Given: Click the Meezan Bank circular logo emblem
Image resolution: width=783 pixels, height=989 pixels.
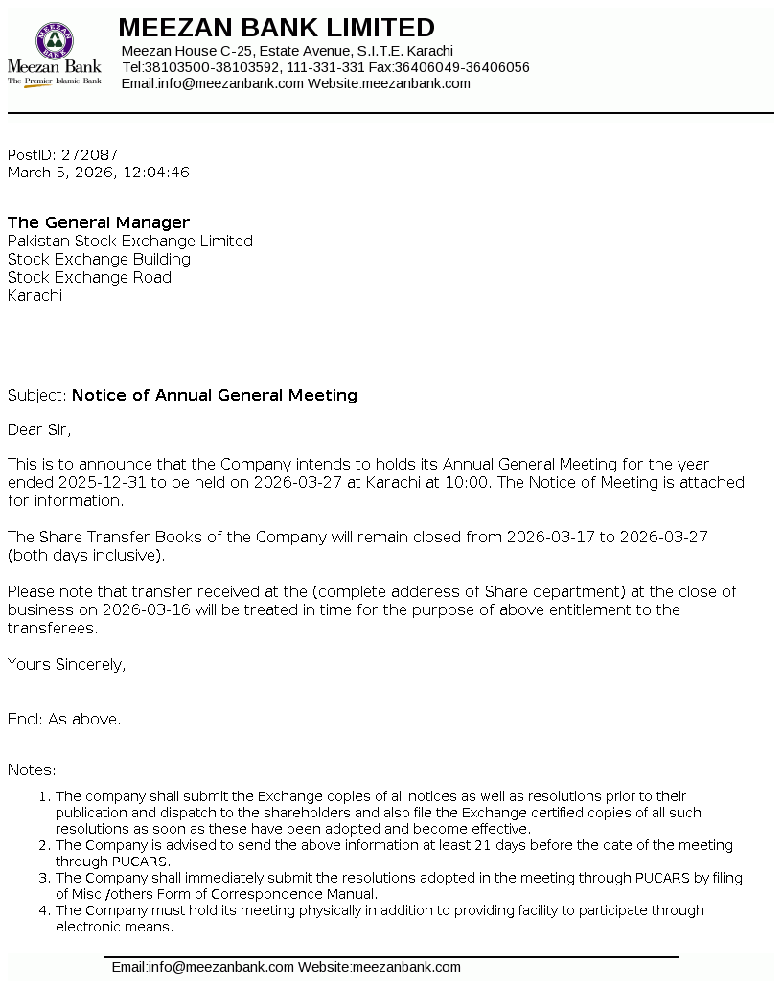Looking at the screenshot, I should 55,40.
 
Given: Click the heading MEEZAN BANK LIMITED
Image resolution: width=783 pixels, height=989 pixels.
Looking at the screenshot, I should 276,27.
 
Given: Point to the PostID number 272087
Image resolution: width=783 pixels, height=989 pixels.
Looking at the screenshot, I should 89,154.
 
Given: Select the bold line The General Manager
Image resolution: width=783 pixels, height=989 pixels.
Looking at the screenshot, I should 99,222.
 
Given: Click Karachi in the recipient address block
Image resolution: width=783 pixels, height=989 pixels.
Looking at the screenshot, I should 35,295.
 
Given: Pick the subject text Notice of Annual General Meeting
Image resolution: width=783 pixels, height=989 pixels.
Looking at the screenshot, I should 215,395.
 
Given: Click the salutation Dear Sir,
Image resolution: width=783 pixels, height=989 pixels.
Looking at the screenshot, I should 39,429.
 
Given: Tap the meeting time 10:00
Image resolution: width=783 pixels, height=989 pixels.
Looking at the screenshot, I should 467,482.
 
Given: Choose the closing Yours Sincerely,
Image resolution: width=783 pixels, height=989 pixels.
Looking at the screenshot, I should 66,664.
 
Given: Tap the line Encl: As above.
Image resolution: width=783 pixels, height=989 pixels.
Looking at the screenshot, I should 64,719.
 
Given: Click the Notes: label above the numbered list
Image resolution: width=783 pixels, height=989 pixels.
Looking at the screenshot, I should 32,770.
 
